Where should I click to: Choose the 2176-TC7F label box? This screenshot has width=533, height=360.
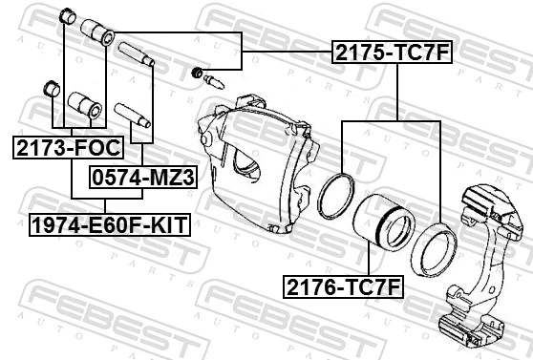342,285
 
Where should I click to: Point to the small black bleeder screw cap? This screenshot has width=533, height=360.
198,73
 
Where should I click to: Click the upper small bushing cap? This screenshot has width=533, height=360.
67,16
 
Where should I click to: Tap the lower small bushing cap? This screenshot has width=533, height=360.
51,90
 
